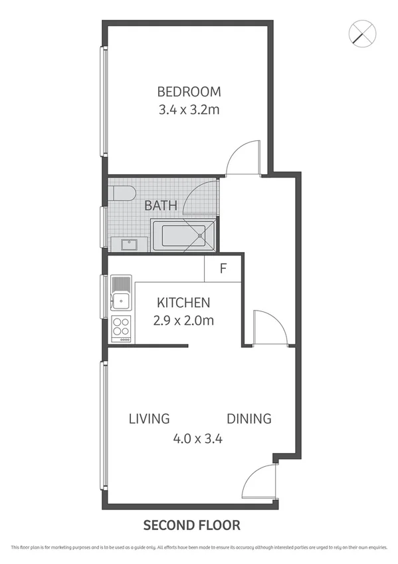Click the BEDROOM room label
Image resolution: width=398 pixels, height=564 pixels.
(189, 92)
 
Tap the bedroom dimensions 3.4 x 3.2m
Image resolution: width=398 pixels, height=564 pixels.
(189, 110)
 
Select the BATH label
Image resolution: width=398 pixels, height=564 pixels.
(161, 206)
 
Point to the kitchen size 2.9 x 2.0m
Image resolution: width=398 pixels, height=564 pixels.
(183, 320)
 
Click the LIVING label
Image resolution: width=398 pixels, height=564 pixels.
(149, 419)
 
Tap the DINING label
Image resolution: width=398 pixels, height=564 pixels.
(249, 419)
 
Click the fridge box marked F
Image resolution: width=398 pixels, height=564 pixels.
(223, 269)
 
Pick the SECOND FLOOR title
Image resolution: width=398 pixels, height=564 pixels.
(193, 525)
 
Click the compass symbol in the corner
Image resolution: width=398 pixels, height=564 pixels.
(363, 33)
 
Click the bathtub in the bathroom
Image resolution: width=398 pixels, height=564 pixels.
(183, 237)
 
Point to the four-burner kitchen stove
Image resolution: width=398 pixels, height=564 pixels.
(121, 327)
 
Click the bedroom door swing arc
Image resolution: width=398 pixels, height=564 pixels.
(241, 158)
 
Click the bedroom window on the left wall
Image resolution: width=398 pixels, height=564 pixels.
(104, 101)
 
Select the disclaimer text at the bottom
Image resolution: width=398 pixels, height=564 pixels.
(199, 547)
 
